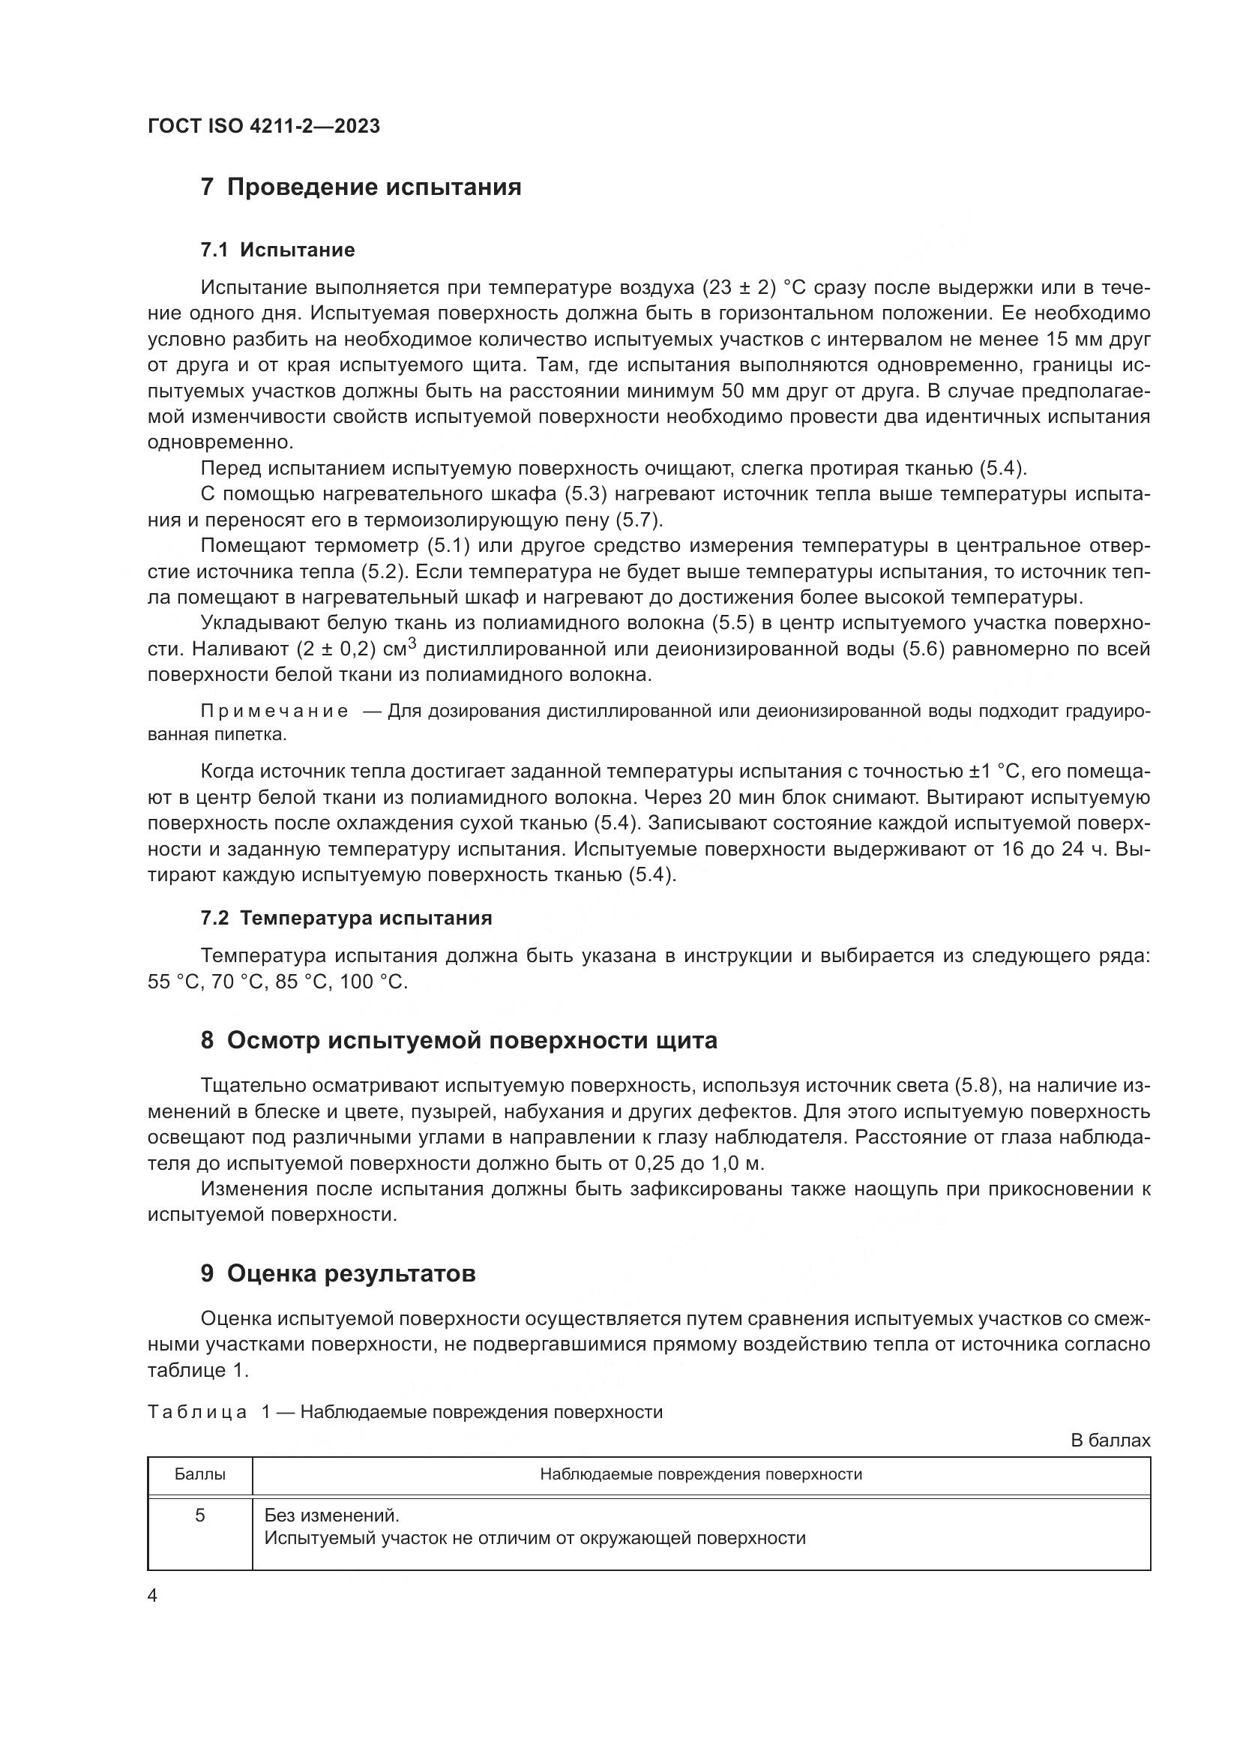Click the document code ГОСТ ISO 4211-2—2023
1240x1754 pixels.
pyautogui.click(x=263, y=127)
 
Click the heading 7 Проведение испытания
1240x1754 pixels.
pyautogui.click(x=361, y=187)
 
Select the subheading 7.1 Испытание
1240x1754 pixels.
pyautogui.click(x=277, y=250)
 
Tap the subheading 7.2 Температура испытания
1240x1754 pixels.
pyautogui.click(x=346, y=919)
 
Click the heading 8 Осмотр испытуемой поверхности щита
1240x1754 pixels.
pyautogui.click(x=458, y=1041)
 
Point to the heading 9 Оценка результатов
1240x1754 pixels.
pyautogui.click(x=337, y=1273)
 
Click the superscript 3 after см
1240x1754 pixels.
pyautogui.click(x=412, y=644)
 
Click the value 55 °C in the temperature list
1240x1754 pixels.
pyautogui.click(x=172, y=982)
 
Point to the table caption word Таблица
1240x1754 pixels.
pyautogui.click(x=197, y=1413)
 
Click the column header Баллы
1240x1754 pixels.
pyautogui.click(x=199, y=1474)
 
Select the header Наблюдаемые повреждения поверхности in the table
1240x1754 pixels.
pyautogui.click(x=700, y=1474)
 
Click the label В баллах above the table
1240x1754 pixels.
pyautogui.click(x=1110, y=1441)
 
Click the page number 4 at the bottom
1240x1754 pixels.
pyautogui.click(x=153, y=1596)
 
